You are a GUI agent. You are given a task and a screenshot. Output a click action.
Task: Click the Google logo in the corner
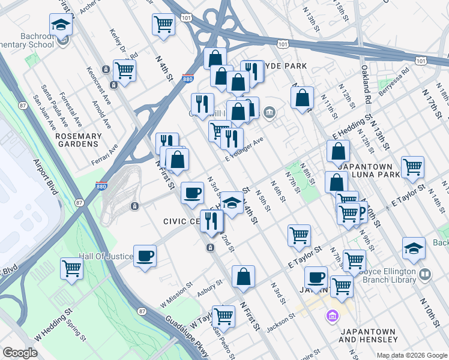(x=20, y=353)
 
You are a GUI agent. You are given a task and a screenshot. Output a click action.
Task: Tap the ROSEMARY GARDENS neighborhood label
(x=77, y=140)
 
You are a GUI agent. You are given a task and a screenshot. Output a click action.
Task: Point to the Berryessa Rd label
(x=397, y=79)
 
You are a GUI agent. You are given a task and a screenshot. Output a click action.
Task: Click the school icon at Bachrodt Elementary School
(x=61, y=25)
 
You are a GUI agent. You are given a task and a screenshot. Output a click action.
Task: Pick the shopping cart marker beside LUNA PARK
(x=412, y=167)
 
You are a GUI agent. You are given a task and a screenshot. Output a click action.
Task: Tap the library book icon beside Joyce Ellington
(x=425, y=274)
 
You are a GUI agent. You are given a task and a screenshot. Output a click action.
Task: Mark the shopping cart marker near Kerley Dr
(x=125, y=70)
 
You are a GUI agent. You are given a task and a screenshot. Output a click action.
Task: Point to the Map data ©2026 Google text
(x=412, y=355)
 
